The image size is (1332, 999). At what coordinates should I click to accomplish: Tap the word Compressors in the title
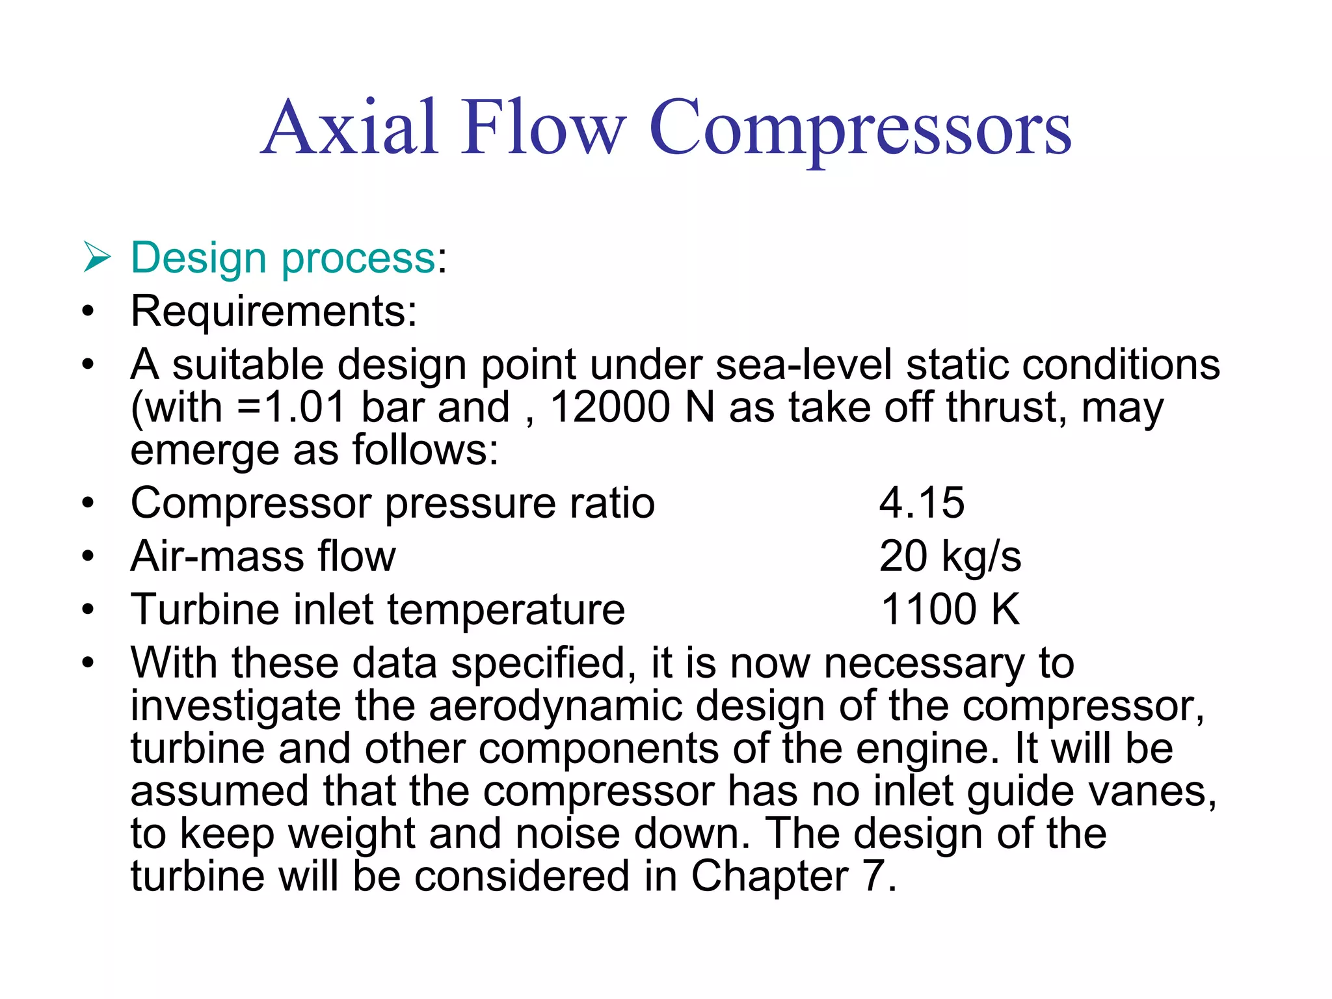(x=860, y=129)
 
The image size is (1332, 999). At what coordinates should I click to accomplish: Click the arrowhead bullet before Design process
(x=97, y=258)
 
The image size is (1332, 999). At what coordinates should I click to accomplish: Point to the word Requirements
(x=273, y=311)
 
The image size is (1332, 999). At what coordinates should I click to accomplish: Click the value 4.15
(x=922, y=503)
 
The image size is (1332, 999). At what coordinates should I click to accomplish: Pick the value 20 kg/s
(x=950, y=556)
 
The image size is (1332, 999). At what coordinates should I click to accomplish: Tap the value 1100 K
(x=950, y=609)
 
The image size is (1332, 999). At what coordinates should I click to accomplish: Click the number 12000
(x=609, y=407)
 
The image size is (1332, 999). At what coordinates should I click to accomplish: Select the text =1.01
(x=291, y=407)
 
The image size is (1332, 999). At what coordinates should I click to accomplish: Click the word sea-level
(x=803, y=364)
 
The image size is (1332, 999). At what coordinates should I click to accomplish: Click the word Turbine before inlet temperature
(x=206, y=609)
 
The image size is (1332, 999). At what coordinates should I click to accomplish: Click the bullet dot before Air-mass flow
(x=88, y=557)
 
